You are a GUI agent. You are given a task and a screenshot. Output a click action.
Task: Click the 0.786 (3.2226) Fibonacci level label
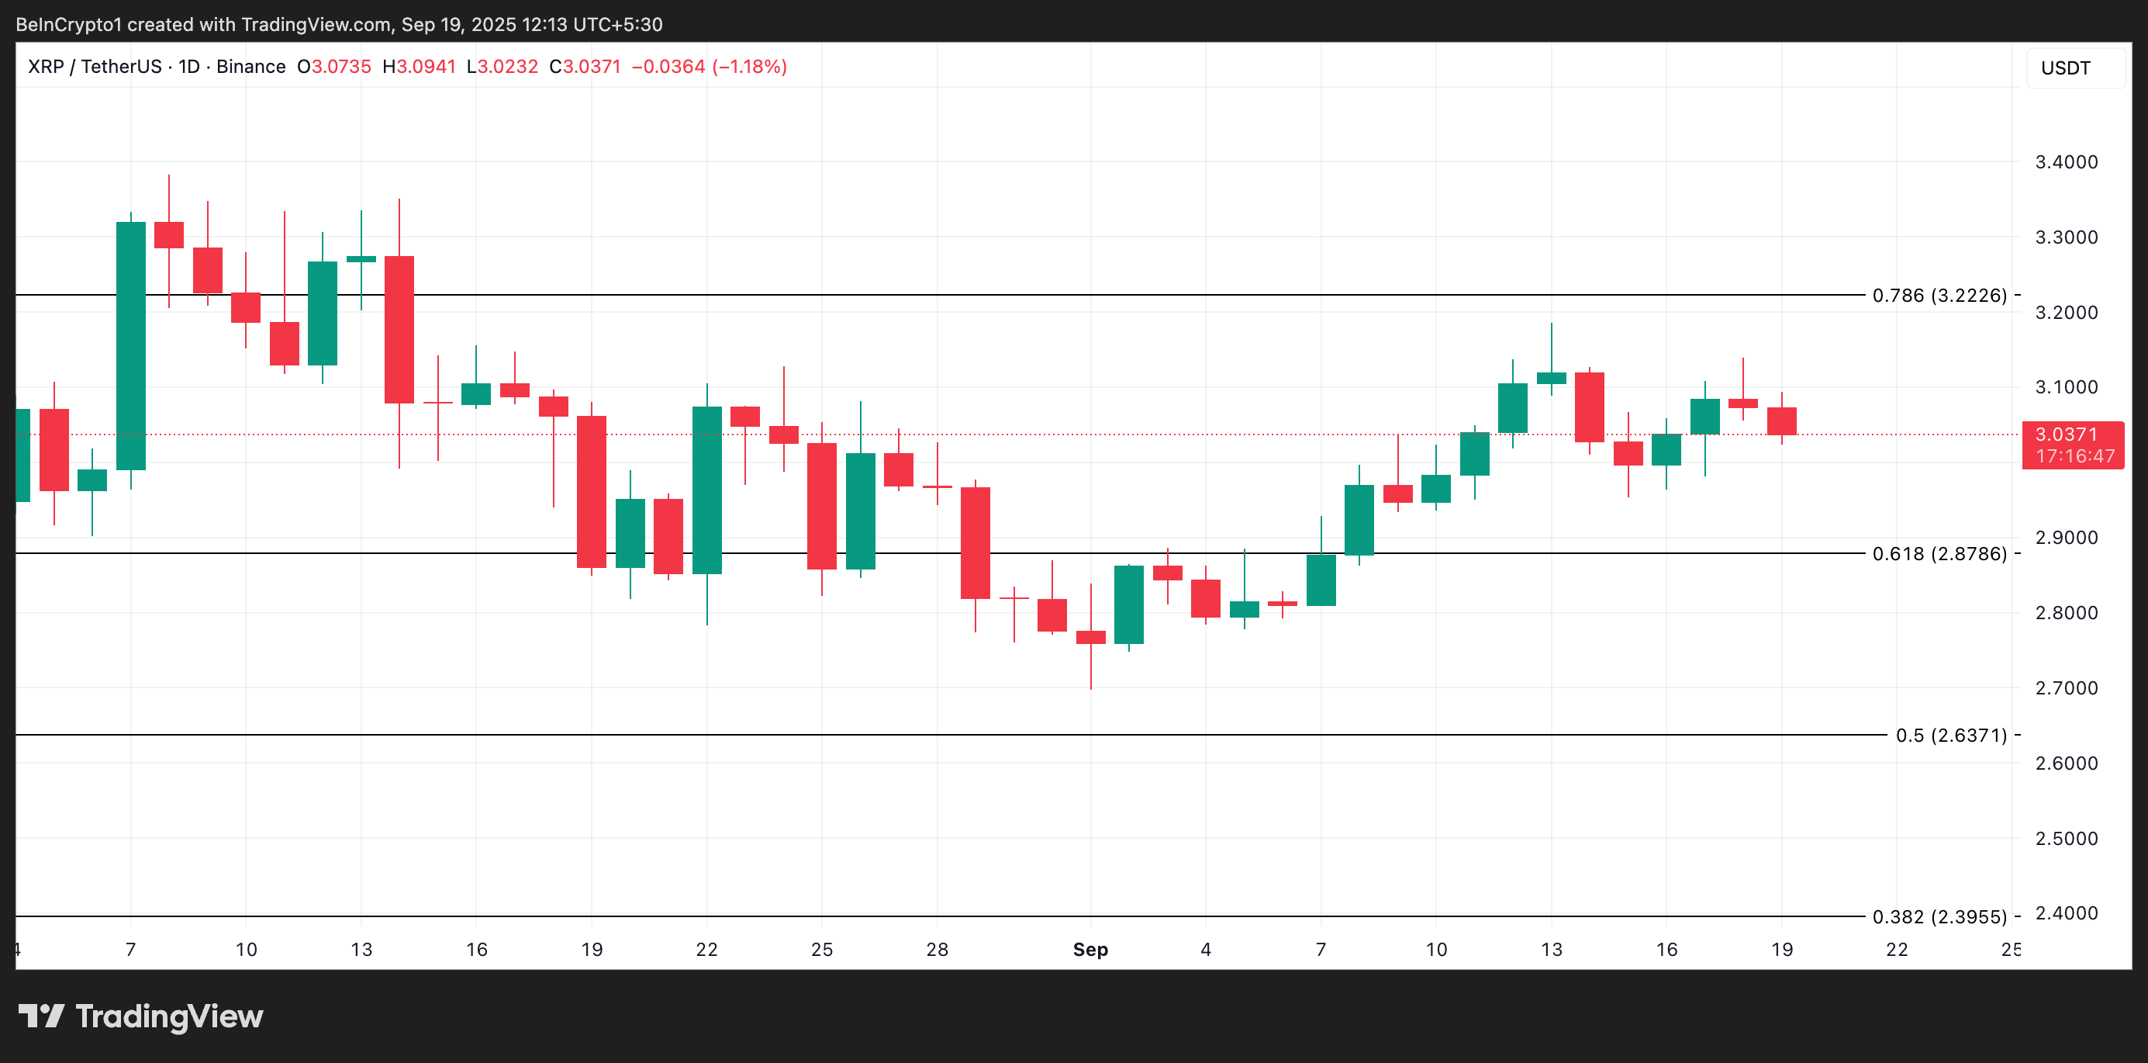pos(1939,296)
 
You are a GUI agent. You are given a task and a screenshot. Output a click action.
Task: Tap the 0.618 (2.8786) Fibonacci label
pos(1939,554)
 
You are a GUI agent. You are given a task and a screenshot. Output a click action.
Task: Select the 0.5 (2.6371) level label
pos(1950,735)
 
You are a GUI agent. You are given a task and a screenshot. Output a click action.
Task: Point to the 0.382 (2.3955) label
pos(1939,917)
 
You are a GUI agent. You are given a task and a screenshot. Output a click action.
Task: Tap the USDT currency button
pos(2066,68)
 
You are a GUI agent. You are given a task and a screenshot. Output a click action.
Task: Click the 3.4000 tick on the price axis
pos(2066,162)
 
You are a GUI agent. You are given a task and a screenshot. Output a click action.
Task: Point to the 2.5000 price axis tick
pos(2066,839)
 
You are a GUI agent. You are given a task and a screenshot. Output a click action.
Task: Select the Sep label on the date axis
pos(1090,950)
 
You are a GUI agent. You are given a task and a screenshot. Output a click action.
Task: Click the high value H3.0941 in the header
pos(419,67)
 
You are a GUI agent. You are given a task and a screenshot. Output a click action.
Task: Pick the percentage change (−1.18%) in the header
pos(749,67)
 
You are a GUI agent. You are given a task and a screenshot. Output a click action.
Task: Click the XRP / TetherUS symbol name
pos(95,67)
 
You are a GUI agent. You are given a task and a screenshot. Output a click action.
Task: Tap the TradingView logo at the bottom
pos(141,1016)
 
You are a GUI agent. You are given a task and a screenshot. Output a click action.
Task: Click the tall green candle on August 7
pos(131,345)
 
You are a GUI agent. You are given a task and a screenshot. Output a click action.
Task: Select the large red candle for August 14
pos(399,330)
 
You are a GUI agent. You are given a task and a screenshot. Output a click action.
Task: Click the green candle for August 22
pos(707,490)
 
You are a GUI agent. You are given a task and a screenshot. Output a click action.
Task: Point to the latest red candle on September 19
pos(1781,421)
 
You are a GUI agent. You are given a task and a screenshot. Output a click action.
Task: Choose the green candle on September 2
pos(1129,605)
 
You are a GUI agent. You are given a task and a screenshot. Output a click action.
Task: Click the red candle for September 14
pos(1590,407)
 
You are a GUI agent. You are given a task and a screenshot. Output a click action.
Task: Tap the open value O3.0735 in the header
pos(334,67)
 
